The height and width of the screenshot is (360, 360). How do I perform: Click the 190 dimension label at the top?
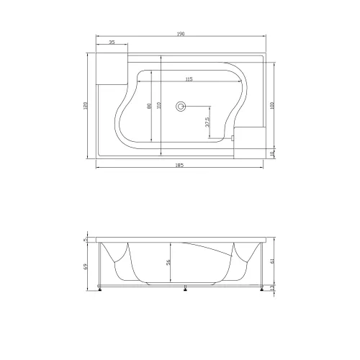[x=181, y=34]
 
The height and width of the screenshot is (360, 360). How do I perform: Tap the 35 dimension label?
[x=112, y=42]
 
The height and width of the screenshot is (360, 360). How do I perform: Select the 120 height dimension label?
[x=86, y=105]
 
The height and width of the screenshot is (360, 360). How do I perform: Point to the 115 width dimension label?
[x=189, y=79]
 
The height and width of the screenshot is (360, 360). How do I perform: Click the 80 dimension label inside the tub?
[x=149, y=106]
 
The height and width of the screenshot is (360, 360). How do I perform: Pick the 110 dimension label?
[x=158, y=105]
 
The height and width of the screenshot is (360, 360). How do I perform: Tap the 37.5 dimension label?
[x=208, y=122]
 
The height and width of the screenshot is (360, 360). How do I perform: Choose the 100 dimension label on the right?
[x=272, y=105]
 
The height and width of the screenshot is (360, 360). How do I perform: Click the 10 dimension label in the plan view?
[x=272, y=153]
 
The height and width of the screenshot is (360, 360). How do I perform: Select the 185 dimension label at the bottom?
[x=179, y=165]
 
